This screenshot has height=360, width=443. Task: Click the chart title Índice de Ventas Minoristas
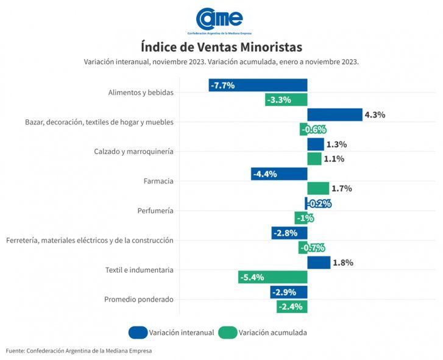coord(221,47)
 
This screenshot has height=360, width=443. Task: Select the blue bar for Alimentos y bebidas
coord(258,85)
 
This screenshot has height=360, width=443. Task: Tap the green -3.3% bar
coord(286,100)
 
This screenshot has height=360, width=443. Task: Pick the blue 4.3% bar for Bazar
coord(335,115)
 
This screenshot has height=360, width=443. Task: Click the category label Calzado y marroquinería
coord(133,152)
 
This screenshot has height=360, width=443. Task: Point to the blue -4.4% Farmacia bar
coord(279,174)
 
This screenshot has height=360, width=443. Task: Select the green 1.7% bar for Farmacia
coord(317,188)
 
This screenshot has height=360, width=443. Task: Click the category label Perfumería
coord(155,211)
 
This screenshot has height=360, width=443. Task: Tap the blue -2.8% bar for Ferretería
coord(289,233)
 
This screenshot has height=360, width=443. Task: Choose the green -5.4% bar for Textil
coord(272,277)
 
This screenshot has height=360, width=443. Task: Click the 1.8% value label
coord(343,263)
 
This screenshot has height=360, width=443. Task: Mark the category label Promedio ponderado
coord(138,299)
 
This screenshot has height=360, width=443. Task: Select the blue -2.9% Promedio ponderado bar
coord(289,292)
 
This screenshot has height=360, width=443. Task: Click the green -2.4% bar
coord(291,306)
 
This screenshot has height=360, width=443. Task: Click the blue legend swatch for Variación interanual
coord(138,333)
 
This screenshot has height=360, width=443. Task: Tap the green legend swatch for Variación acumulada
coord(227,333)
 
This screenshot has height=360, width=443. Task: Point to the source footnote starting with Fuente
coord(79,351)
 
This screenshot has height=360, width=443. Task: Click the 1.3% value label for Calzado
coord(336,144)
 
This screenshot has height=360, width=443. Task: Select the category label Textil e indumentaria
coord(140,270)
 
